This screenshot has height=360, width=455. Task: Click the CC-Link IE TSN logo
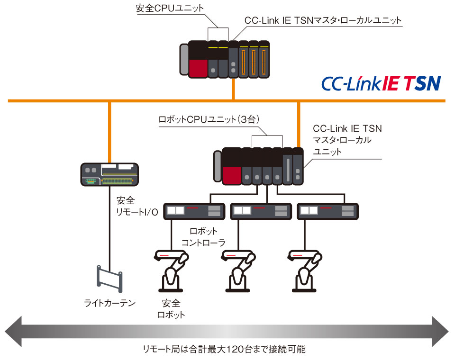381,83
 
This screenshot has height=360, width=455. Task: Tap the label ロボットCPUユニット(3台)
209,120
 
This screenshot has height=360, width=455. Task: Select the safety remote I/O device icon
109,174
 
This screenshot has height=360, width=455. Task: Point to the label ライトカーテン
109,302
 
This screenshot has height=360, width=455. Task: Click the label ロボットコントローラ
203,237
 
